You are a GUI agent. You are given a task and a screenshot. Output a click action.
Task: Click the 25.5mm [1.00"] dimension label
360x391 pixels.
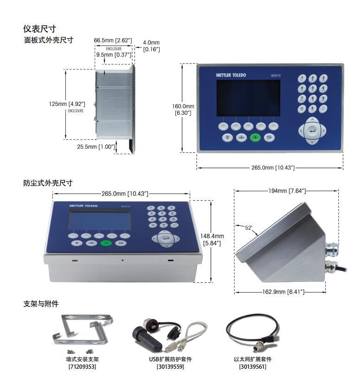(95, 147)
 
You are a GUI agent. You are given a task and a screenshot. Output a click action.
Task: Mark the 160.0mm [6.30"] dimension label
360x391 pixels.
(183, 109)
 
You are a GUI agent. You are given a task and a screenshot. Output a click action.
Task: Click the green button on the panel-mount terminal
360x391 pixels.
(255, 137)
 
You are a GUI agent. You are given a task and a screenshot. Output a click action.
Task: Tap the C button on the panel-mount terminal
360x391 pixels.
(227, 137)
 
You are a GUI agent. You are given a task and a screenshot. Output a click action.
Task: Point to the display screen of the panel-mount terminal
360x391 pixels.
(248, 98)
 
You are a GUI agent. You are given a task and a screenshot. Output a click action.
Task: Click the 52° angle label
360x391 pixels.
(249, 228)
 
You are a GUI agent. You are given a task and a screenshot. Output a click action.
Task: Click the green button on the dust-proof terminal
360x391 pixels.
(106, 243)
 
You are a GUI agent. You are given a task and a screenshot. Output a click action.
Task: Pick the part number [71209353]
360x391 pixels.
(83, 366)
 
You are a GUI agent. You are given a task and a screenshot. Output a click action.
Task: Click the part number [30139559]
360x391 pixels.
(170, 366)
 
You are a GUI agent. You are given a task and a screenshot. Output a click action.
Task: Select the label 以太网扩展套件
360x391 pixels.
(253, 359)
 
